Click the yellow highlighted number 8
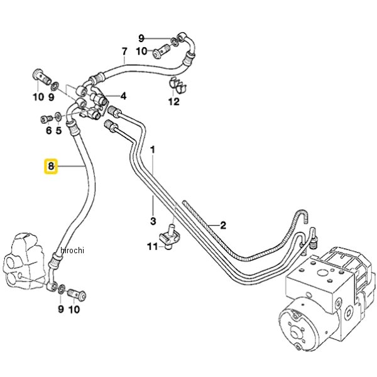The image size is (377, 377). point(51,167)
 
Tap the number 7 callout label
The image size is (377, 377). point(124,51)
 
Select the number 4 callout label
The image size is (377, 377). point(124,96)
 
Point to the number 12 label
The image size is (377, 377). point(174,101)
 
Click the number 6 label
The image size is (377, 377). point(48,131)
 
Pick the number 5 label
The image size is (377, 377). point(59,131)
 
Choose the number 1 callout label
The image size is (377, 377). point(153,151)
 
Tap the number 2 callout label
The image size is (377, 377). point(222,224)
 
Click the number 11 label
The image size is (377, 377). point(151,247)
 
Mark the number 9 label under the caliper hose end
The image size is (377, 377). point(60,309)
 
